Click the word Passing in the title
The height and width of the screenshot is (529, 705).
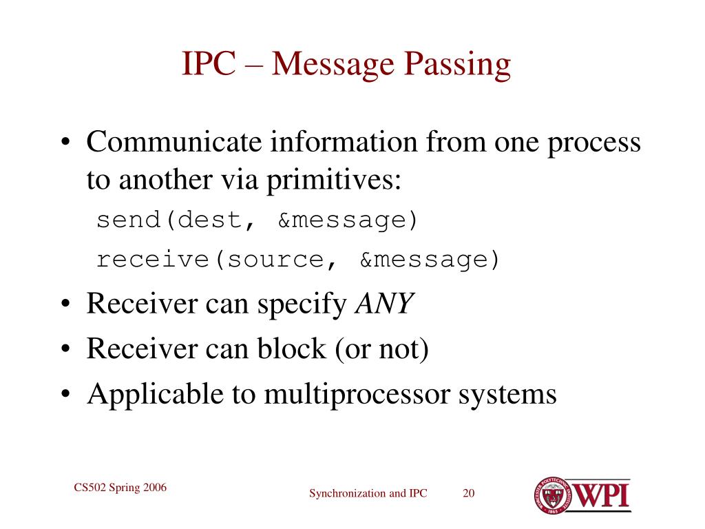pos(457,65)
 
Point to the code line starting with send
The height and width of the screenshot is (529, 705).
pos(257,220)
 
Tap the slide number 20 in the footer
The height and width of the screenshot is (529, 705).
pos(469,493)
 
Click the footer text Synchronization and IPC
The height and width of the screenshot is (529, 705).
pos(368,493)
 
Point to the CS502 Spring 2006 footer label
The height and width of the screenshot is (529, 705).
pos(120,488)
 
